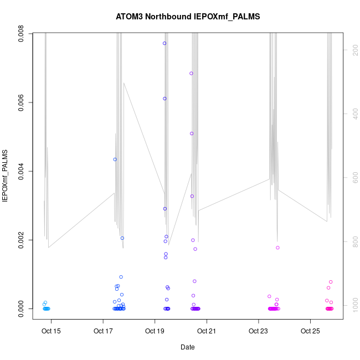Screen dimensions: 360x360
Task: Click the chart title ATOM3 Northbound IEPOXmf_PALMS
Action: click(x=188, y=17)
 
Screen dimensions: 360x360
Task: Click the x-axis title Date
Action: click(x=188, y=347)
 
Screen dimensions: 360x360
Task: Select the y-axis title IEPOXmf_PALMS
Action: click(x=6, y=175)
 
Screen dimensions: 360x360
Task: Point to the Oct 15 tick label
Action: click(x=51, y=331)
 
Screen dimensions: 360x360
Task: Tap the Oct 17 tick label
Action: click(x=103, y=331)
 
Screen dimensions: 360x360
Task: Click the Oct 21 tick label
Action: click(x=207, y=331)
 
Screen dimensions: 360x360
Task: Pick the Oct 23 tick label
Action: click(x=258, y=331)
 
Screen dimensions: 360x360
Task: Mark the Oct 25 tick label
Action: click(x=310, y=331)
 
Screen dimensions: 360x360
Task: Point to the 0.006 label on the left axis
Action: click(x=21, y=103)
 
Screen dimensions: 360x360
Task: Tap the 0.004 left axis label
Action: click(x=21, y=172)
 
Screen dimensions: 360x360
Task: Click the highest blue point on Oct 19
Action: click(x=164, y=43)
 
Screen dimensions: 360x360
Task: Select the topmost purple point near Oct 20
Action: click(x=191, y=73)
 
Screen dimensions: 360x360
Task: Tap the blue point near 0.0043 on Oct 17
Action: click(x=115, y=160)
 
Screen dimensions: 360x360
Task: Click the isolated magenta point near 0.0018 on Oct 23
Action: click(x=277, y=248)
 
